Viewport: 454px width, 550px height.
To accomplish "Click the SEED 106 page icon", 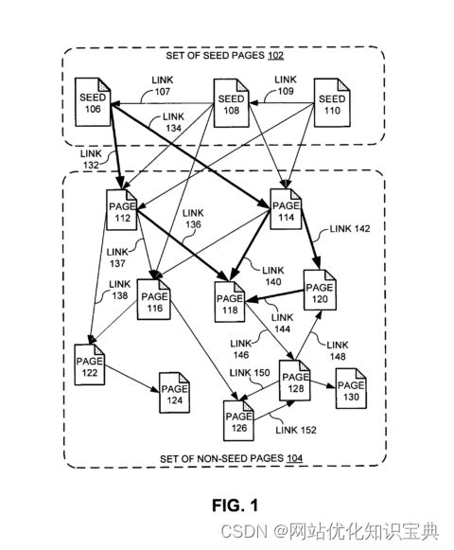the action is (93, 102).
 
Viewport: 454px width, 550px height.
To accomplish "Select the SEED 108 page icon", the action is (232, 103).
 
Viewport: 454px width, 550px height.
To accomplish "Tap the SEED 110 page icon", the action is (332, 103).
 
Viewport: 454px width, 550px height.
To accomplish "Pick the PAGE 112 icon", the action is (122, 210).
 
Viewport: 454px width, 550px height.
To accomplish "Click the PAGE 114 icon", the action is (286, 209).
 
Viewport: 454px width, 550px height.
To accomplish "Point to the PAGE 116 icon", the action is (154, 299).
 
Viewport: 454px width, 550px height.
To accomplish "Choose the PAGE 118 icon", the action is (230, 302).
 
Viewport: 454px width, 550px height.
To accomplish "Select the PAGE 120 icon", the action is (320, 290).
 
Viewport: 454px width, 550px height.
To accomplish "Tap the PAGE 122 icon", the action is (90, 364).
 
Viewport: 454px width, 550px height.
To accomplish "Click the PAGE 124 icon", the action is (175, 393).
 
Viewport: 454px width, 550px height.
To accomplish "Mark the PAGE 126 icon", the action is (238, 420).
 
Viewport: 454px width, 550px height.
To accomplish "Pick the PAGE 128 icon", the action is (295, 381).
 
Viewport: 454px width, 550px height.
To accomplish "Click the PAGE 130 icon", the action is (351, 389).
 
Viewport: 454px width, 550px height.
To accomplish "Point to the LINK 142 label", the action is (350, 229).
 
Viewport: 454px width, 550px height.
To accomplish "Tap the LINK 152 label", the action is (295, 430).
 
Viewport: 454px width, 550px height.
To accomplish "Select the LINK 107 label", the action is (163, 86).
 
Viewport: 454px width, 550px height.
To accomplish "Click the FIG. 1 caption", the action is (235, 506).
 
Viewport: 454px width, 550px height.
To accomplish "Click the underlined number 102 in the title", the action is (275, 56).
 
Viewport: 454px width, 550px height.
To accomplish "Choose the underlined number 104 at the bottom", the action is (294, 458).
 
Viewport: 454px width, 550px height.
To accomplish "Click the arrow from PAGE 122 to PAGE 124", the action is (132, 380).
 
